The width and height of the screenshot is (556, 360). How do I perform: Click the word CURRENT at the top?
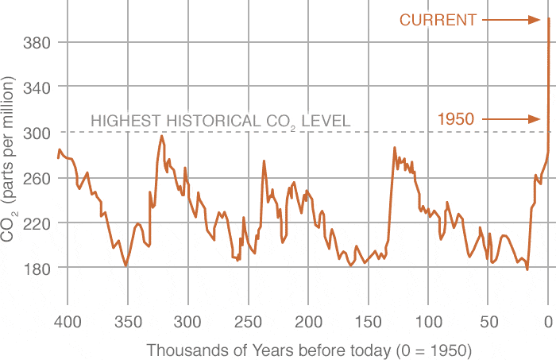click(x=438, y=20)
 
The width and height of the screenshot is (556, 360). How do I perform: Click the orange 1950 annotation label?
click(x=456, y=119)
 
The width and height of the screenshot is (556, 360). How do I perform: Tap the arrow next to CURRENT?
click(x=512, y=20)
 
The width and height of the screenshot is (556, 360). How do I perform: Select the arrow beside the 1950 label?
click(x=512, y=119)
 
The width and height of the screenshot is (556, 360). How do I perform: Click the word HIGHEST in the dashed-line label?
click(x=123, y=122)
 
